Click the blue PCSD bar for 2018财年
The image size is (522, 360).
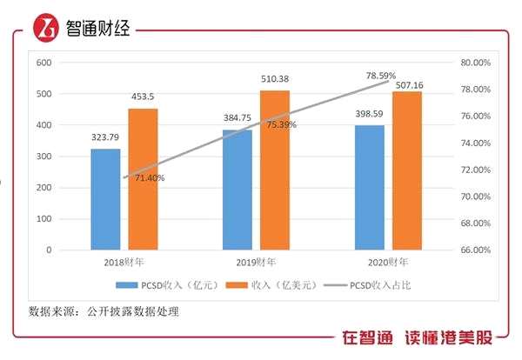pos(105,199)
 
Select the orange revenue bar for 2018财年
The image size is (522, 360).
pos(143,179)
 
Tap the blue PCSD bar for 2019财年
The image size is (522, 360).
pos(237,190)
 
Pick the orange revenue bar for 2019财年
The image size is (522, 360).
pos(274,170)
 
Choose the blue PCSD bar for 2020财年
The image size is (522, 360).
pos(368,187)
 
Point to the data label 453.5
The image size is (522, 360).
pos(143,97)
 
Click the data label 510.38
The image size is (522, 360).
pos(275,80)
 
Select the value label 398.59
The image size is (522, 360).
pos(368,114)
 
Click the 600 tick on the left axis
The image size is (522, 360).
pos(43,63)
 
